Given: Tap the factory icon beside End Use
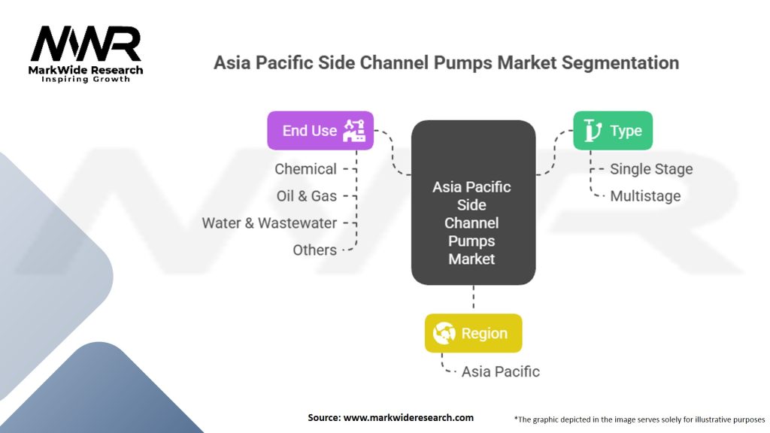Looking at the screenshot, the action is [353, 131].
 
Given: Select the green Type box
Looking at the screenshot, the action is [613, 131].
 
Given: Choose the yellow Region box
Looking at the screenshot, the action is [473, 333].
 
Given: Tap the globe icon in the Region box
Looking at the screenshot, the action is [444, 333].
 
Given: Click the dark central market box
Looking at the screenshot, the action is [473, 202].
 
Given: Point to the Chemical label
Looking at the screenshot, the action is [305, 169].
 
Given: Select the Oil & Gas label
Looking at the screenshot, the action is [307, 196].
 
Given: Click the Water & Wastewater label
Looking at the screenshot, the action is [269, 223].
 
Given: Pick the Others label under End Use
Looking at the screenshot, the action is [314, 250].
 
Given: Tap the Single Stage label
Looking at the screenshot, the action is [651, 169].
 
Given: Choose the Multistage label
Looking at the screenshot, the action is [645, 196].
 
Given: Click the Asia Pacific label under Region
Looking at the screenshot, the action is [500, 371].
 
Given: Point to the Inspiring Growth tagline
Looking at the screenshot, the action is [86, 79].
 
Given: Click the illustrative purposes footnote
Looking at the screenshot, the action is [639, 419].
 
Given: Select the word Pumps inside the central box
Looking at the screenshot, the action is [472, 241].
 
